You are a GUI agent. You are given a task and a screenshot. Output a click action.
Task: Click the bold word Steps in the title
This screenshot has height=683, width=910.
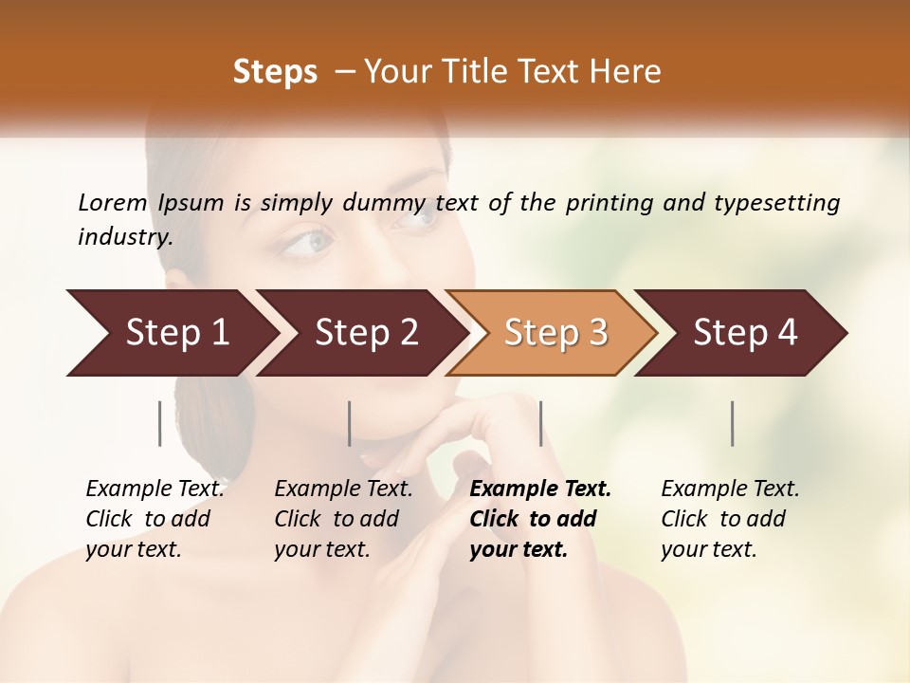pyautogui.click(x=275, y=72)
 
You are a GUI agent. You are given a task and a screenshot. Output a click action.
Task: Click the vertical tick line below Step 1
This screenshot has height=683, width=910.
pyautogui.click(x=160, y=423)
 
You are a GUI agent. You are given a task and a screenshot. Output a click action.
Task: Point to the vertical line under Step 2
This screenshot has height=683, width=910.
pyautogui.click(x=350, y=423)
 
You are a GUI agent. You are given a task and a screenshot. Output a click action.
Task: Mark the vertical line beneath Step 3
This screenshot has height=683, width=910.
pyautogui.click(x=540, y=423)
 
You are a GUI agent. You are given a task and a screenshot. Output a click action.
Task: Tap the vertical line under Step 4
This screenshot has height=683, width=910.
pyautogui.click(x=733, y=423)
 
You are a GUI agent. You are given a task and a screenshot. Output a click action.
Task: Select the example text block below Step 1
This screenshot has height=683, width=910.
pyautogui.click(x=155, y=519)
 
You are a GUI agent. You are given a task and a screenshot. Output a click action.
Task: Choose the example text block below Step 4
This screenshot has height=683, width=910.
pyautogui.click(x=730, y=519)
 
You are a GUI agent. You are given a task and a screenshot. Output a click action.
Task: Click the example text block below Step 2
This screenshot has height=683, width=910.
pyautogui.click(x=343, y=519)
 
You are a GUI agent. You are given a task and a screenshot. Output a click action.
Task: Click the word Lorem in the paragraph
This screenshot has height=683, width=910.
pyautogui.click(x=113, y=202)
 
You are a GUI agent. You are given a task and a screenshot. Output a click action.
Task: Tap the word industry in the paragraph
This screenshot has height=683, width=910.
pyautogui.click(x=125, y=236)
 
